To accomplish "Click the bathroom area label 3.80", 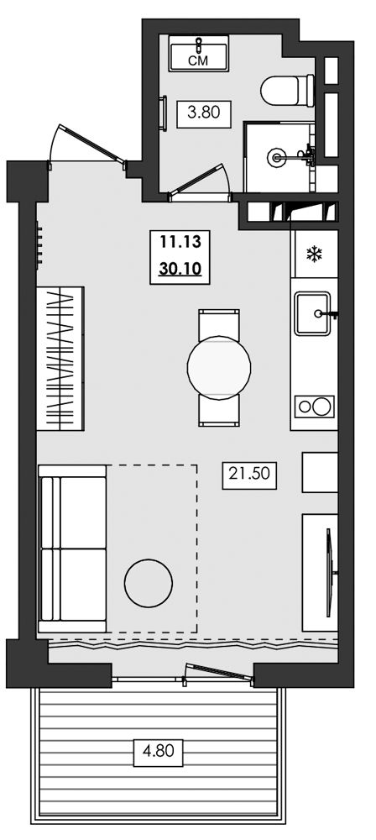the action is [x=204, y=113].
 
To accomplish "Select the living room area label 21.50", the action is [x=249, y=473].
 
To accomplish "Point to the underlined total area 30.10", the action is [x=180, y=268].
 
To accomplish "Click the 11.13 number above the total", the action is [x=180, y=242].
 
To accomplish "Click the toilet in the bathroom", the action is [x=287, y=91].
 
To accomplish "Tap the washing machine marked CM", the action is [x=199, y=53].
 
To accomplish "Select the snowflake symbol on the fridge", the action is [x=314, y=254].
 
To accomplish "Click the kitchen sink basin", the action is [x=312, y=313].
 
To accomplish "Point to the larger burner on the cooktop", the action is [x=322, y=407].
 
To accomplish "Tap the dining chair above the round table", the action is [x=219, y=324].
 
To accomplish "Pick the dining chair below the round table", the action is [x=219, y=411].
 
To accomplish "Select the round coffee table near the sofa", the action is [x=149, y=584].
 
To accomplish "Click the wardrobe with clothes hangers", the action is [x=60, y=359].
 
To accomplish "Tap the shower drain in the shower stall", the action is [x=277, y=157].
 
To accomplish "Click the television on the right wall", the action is [x=330, y=573].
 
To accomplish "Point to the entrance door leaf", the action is [x=91, y=143].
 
